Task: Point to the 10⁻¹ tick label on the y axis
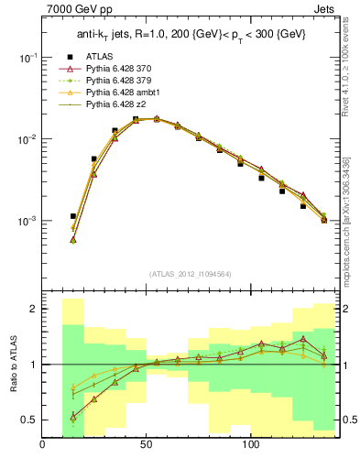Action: pos(28,57)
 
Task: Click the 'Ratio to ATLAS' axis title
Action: pos(12,364)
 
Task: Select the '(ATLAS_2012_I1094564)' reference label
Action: pos(189,274)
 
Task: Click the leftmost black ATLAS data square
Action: pos(73,242)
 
